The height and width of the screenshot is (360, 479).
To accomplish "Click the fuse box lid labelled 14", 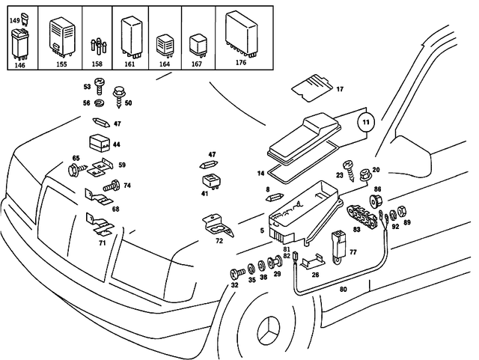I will [303, 138].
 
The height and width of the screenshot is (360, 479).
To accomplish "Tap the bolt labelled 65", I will [75, 170].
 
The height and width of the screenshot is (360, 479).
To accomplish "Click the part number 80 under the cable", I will [344, 287].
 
